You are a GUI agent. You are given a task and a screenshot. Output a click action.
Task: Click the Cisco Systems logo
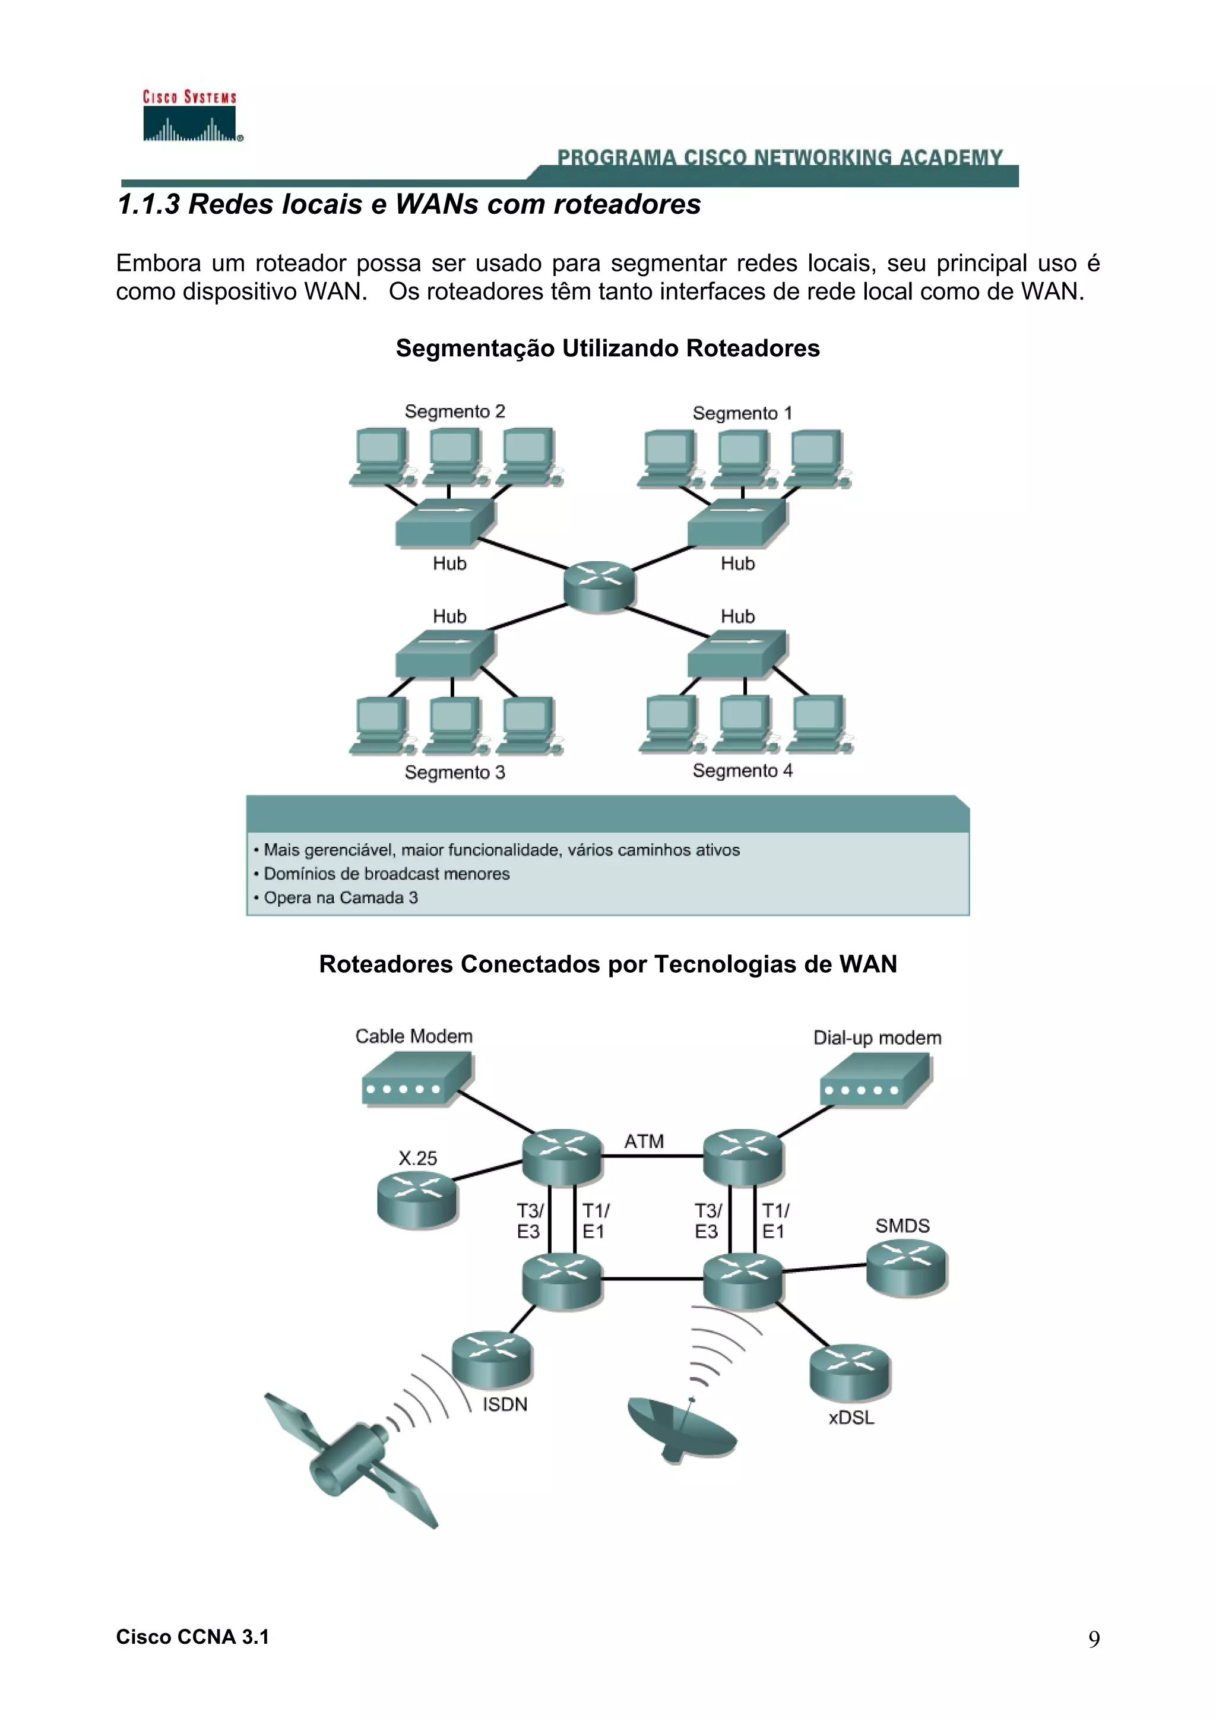point(191,116)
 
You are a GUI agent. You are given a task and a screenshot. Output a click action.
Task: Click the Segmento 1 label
point(742,413)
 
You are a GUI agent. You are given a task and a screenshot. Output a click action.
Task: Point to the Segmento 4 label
point(742,771)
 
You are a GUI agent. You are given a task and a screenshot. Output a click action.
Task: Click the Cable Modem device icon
point(417,1080)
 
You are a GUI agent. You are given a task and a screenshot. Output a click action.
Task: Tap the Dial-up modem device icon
point(875,1080)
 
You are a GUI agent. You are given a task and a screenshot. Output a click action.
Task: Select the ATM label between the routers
point(644,1141)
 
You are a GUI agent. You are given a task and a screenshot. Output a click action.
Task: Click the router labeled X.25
point(417,1200)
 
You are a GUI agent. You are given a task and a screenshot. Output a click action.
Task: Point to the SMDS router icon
point(907,1268)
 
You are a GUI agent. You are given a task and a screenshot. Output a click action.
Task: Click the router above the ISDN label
point(492,1358)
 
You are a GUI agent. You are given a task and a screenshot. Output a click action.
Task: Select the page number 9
point(1094,1639)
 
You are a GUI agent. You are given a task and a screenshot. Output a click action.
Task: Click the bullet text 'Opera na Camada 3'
point(340,897)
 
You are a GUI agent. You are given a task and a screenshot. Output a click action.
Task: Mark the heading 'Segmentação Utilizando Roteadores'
point(607,348)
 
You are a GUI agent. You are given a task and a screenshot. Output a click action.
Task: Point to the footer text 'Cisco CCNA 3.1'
point(192,1637)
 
